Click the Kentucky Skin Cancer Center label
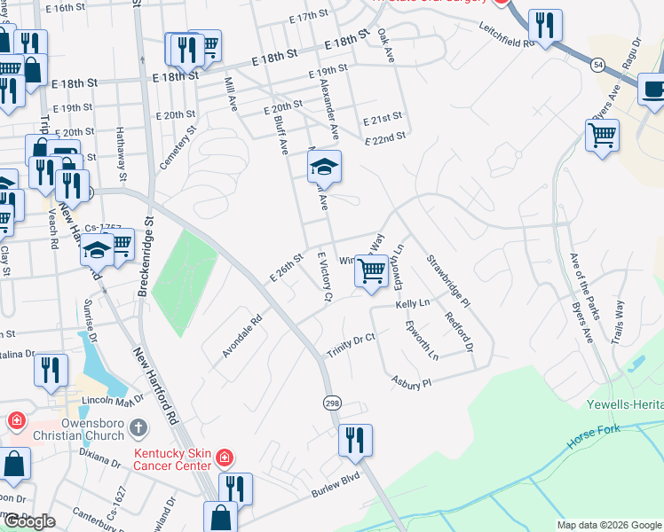point(172,458)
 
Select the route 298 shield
point(329,403)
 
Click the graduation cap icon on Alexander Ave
point(324,166)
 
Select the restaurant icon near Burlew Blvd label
point(354,440)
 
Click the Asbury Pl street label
point(411,381)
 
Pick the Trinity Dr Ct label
point(352,344)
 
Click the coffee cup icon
point(653,90)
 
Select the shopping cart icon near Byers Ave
point(602,136)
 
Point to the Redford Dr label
point(459,331)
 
